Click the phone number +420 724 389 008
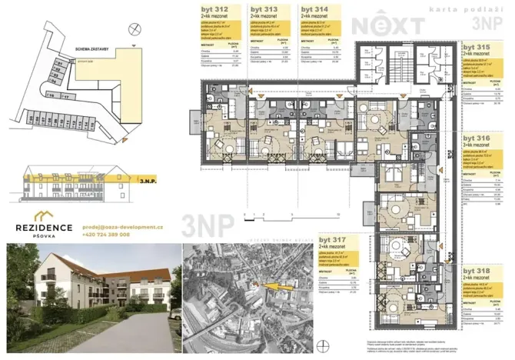(x=105, y=235)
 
